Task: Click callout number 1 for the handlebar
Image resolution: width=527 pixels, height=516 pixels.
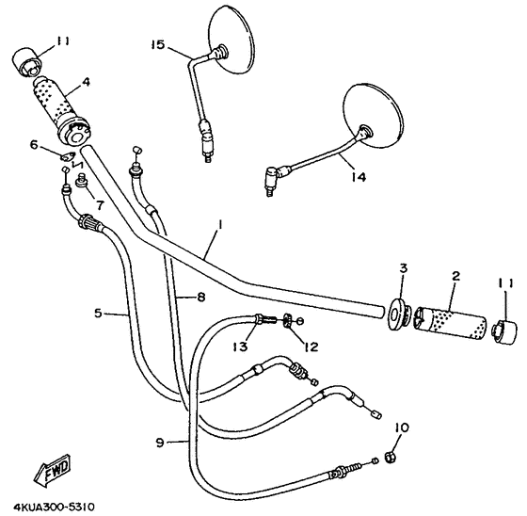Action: pos(218,226)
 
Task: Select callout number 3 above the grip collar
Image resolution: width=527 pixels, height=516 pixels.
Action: pos(402,271)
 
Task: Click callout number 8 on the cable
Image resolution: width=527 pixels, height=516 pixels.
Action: pos(200,298)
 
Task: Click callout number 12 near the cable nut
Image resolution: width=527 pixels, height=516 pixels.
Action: pos(311,347)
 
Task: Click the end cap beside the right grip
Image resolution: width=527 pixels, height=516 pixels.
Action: pos(506,331)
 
